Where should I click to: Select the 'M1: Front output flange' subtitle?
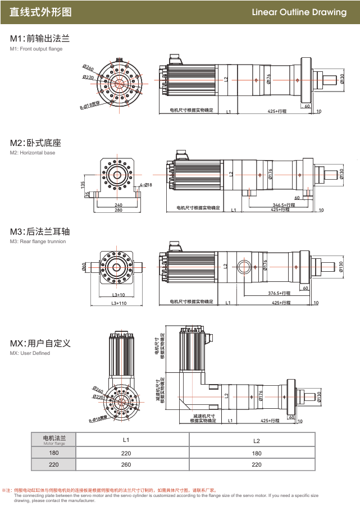[x=36, y=49]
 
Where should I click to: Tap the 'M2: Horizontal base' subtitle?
[x=33, y=153]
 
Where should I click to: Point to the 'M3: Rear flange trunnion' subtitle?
[x=38, y=241]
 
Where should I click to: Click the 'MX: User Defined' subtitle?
[x=30, y=353]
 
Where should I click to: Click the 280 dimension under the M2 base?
[x=119, y=210]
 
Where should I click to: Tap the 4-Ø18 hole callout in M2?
[x=145, y=185]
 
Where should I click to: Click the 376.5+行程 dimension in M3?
[x=279, y=293]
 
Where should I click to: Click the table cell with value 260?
[x=126, y=464]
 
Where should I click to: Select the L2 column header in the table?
[x=256, y=440]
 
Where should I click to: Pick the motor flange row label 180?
[x=54, y=453]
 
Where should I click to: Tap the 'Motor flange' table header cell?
[x=54, y=440]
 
